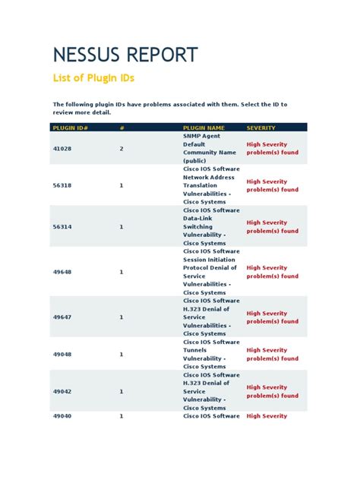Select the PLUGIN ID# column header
(x=70, y=128)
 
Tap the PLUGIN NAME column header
(x=204, y=128)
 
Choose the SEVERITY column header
(x=261, y=128)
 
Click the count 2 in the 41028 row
(x=121, y=148)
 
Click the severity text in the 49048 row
(x=272, y=354)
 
